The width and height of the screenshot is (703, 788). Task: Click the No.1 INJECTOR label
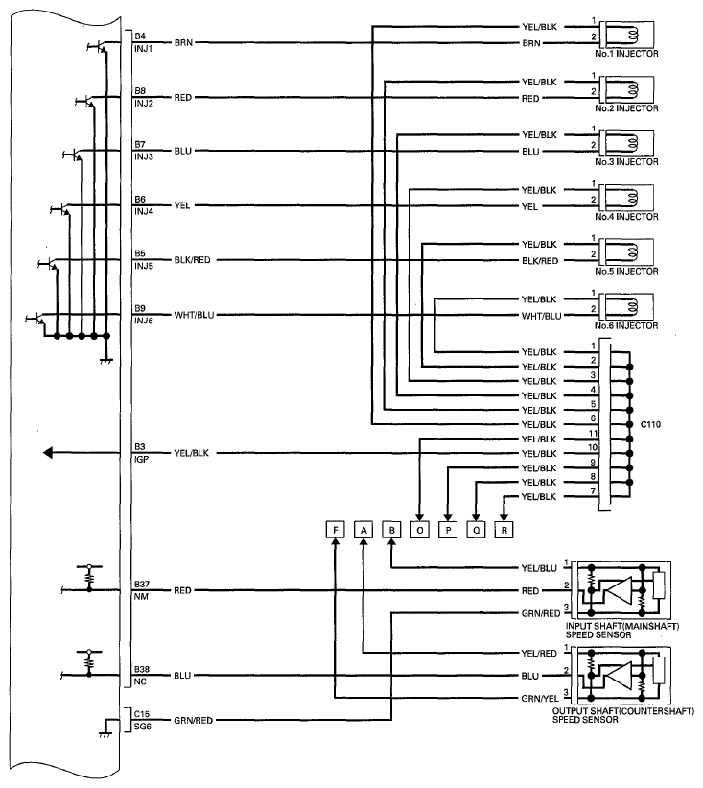pyautogui.click(x=626, y=54)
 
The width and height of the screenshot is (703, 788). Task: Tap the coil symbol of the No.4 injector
pyautogui.click(x=632, y=198)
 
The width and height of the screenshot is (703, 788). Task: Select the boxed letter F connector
pyautogui.click(x=336, y=530)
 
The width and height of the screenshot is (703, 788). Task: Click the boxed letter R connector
pyautogui.click(x=504, y=530)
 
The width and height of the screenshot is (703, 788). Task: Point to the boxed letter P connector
pyautogui.click(x=448, y=530)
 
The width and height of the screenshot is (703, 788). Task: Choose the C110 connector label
pyautogui.click(x=651, y=424)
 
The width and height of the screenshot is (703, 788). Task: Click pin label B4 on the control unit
pyautogui.click(x=140, y=36)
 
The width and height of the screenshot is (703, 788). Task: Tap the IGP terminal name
pyautogui.click(x=141, y=460)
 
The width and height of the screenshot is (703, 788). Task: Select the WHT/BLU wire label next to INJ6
pyautogui.click(x=194, y=315)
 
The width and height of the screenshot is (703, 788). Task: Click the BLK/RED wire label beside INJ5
pyautogui.click(x=193, y=260)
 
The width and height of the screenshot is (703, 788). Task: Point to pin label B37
pyautogui.click(x=142, y=584)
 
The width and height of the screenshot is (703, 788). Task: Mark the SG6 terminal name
pyautogui.click(x=143, y=727)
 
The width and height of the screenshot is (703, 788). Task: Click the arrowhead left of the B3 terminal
pyautogui.click(x=48, y=453)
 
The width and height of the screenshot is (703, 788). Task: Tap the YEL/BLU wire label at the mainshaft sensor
pyautogui.click(x=539, y=568)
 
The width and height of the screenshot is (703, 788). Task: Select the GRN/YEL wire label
pyautogui.click(x=540, y=699)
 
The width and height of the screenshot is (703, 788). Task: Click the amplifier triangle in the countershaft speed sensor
pyautogui.click(x=618, y=675)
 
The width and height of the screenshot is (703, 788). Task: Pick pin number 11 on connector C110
pyautogui.click(x=593, y=433)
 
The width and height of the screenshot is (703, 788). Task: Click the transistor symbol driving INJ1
pyautogui.click(x=98, y=47)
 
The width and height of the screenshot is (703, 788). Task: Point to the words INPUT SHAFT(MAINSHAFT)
pyautogui.click(x=622, y=626)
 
